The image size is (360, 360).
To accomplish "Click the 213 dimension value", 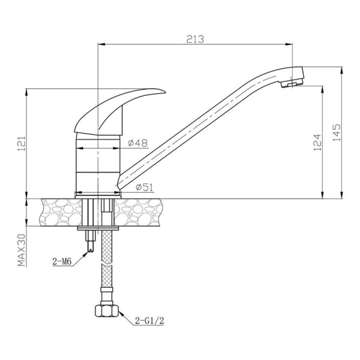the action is point(195,39).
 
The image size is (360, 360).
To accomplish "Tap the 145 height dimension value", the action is point(337,132).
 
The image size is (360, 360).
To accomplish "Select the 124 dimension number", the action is point(317,142).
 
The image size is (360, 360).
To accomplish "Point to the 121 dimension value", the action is point(21,144).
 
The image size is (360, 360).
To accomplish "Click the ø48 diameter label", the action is point(138,143).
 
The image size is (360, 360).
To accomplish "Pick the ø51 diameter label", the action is point(144,187).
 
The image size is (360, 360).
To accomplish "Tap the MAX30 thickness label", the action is point(21,250).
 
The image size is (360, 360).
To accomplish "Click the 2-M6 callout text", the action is point(62,261).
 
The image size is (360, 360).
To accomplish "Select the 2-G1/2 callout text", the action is point(149,321).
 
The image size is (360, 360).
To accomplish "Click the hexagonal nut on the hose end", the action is point(107,311).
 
